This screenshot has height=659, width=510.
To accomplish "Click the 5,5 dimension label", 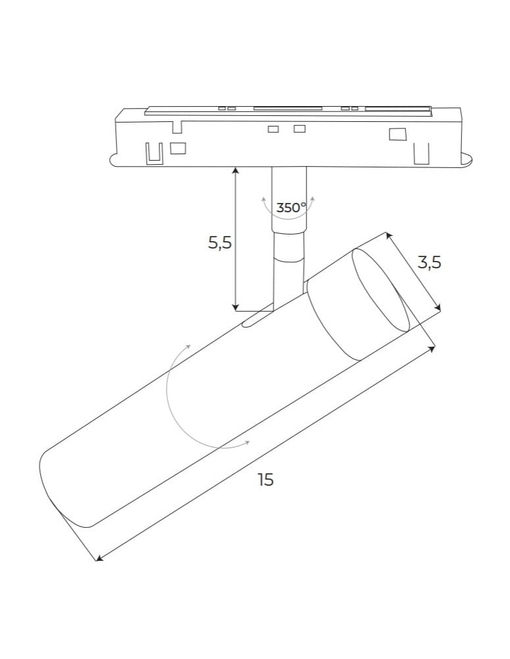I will click(x=220, y=243).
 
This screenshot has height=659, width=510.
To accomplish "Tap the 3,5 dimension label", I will click(x=429, y=263).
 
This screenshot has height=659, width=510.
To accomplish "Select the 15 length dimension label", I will click(x=266, y=480).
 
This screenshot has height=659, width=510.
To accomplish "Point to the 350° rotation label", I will click(x=291, y=208).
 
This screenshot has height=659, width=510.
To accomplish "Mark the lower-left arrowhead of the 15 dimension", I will click(x=99, y=558).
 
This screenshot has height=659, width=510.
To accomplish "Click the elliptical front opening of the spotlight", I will click(x=381, y=290).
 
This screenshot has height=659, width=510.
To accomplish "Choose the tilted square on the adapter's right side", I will click(x=397, y=134).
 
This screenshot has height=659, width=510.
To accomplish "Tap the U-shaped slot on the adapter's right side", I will click(x=422, y=153).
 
